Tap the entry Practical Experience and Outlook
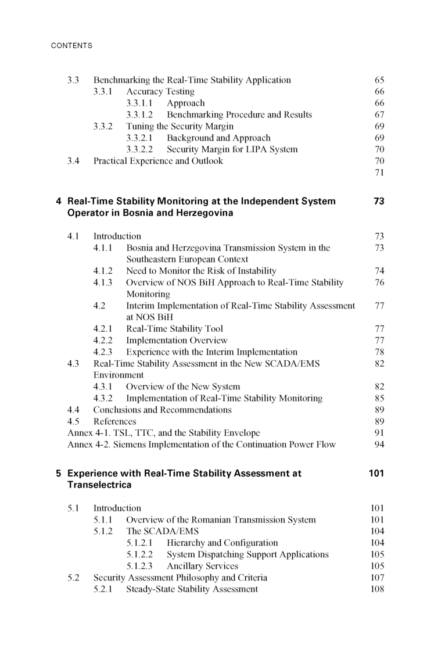[x=158, y=161]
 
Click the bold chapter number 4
[x=59, y=202]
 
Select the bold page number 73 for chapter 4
[x=379, y=202]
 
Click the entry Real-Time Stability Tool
[x=174, y=328]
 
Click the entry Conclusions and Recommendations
[x=162, y=410]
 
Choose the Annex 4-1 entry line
[x=163, y=433]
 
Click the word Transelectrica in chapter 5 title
[x=99, y=485]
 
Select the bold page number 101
[x=376, y=473]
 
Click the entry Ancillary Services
[x=202, y=566]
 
